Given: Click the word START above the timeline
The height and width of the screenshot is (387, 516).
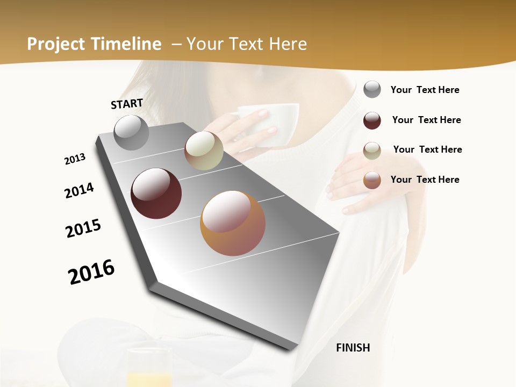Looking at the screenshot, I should pos(127,104).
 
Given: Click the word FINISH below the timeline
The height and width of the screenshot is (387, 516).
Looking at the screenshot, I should pos(353,348).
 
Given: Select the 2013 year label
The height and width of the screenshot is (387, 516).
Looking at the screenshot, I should pos(75,159).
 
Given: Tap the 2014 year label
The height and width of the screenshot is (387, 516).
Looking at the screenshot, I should pos(79,190).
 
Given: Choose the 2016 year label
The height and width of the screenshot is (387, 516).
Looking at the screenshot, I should pos(91,271).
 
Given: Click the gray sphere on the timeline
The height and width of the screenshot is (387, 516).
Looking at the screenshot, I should pos(132,133).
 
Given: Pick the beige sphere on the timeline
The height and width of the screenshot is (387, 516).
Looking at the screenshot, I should pos(204,150).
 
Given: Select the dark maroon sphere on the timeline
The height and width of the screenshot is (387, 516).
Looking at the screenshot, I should pos(156,193).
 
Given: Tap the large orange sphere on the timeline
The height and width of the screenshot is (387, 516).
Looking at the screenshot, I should pos(233,223).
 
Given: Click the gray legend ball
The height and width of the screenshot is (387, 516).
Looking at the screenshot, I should pos(372,89).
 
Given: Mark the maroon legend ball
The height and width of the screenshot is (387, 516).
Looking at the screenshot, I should pos(372,120).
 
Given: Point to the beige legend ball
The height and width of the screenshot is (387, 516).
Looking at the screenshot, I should pos(372,150).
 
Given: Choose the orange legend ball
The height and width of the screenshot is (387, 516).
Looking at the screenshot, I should pos(372,180).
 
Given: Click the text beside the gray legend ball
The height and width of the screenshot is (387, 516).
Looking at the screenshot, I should pos(425,90).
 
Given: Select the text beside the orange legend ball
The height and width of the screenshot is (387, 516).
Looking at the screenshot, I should pos(425,180).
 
